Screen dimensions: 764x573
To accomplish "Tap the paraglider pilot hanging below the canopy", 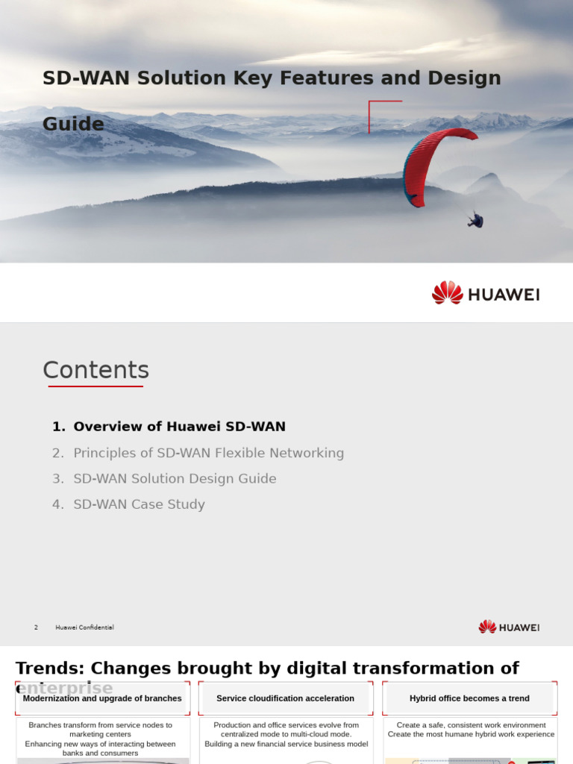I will click(476, 219).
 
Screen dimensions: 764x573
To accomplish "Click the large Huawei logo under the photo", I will click(486, 293).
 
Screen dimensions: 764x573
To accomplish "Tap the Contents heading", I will click(95, 370).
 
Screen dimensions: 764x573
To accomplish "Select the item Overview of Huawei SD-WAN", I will click(179, 427).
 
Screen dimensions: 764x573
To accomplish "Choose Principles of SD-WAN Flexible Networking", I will click(208, 453).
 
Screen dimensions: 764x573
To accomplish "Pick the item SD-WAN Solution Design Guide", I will click(175, 478).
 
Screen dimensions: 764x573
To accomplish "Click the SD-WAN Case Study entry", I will click(139, 504).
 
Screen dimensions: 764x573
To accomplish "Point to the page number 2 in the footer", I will click(36, 627).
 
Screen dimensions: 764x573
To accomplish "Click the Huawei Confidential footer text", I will click(84, 627).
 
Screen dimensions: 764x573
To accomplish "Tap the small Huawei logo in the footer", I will click(509, 627).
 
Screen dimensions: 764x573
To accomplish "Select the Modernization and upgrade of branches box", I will click(102, 698).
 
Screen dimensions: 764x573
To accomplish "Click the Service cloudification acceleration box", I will click(285, 698).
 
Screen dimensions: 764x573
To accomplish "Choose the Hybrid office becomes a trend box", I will click(469, 698).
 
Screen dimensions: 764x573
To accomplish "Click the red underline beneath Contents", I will click(95, 386).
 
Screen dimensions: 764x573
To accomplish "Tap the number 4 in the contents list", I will click(57, 504).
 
